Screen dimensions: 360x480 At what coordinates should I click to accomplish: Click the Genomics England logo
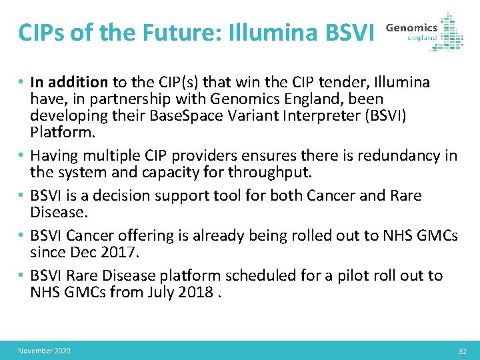click(x=425, y=31)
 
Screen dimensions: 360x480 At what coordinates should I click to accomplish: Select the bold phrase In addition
click(x=69, y=82)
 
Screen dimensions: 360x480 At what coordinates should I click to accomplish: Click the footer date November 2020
click(x=44, y=351)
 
